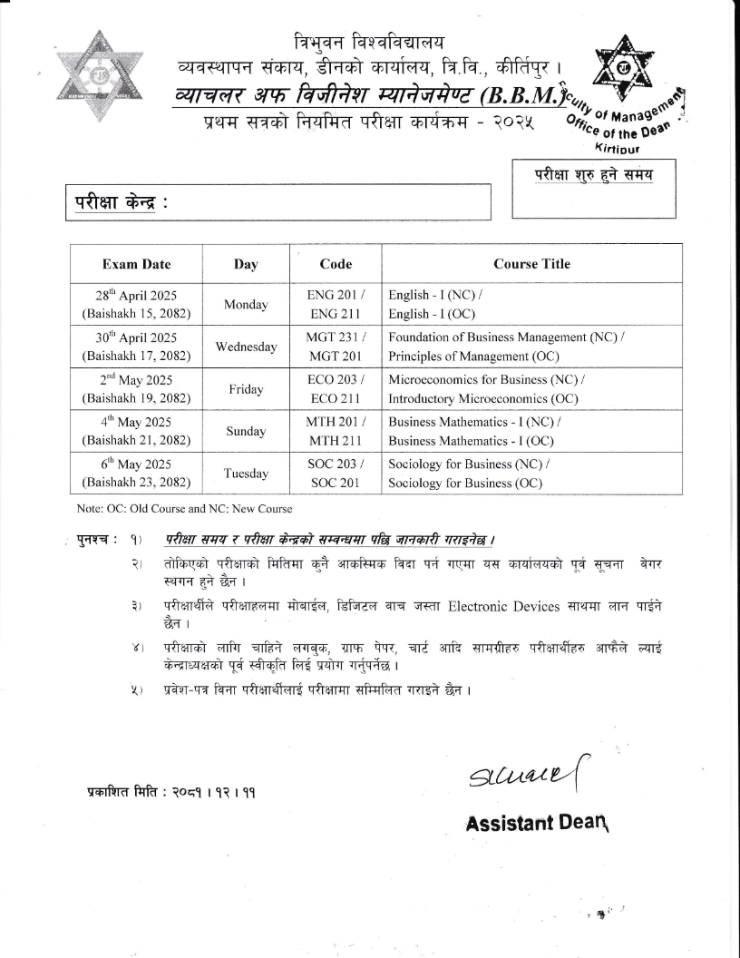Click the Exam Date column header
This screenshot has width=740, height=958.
pyautogui.click(x=136, y=264)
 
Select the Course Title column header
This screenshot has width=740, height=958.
pyautogui.click(x=531, y=264)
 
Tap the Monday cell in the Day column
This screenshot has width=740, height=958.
pyautogui.click(x=246, y=305)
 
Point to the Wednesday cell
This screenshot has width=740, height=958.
pyautogui.click(x=246, y=347)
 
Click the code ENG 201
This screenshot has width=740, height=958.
pyautogui.click(x=334, y=296)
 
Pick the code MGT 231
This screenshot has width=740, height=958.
pyautogui.click(x=334, y=337)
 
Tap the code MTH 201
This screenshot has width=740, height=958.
pyautogui.click(x=334, y=422)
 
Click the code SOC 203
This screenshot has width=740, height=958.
pyautogui.click(x=334, y=464)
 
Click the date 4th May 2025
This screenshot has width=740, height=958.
pyautogui.click(x=136, y=422)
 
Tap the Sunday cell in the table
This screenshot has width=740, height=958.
pyautogui.click(x=246, y=432)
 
